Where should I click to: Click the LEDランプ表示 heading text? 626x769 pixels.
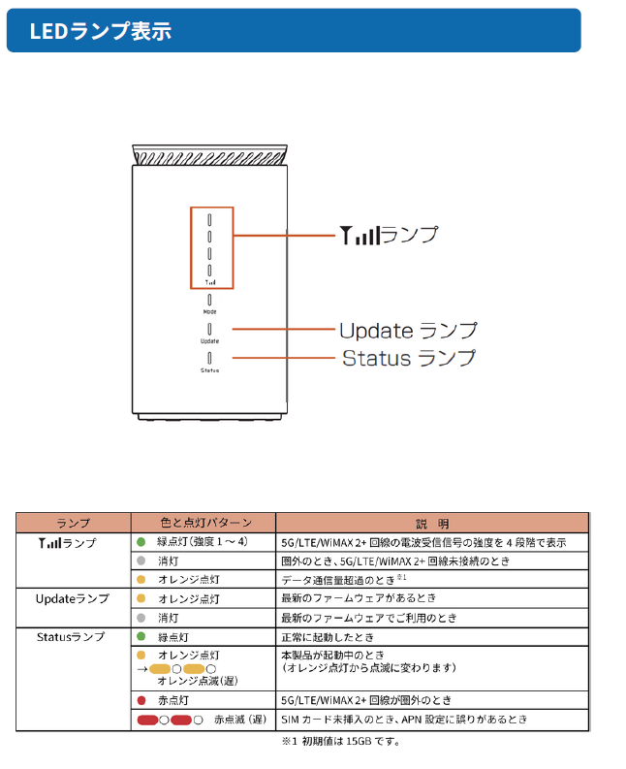[100, 31]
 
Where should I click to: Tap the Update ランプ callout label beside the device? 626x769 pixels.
[407, 331]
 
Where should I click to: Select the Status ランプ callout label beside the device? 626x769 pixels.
[409, 358]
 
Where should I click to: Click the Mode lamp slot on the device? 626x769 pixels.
[209, 300]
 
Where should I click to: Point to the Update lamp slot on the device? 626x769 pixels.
[209, 329]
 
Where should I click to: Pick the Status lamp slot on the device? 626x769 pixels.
[209, 358]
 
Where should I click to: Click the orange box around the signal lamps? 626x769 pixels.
[211, 247]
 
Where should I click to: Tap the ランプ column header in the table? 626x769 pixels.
[73, 523]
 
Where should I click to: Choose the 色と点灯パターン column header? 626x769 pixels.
[203, 523]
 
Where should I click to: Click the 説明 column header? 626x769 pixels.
[432, 523]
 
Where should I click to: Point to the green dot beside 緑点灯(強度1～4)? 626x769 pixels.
[141, 542]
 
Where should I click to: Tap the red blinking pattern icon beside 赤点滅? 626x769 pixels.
[171, 720]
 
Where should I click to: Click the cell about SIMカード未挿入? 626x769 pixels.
[403, 720]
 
